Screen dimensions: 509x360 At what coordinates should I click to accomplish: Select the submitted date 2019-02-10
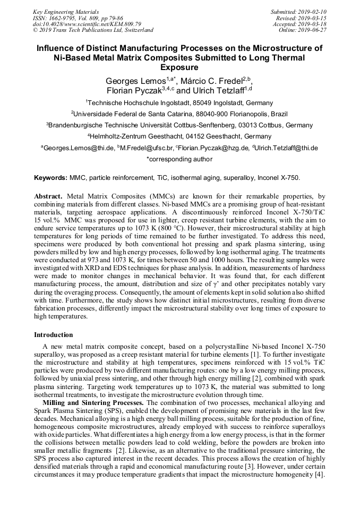click(313, 12)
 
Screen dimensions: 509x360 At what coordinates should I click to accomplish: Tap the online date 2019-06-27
click(313, 30)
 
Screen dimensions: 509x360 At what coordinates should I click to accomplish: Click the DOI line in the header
click(87, 24)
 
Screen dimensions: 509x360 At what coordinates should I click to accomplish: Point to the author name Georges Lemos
click(136, 81)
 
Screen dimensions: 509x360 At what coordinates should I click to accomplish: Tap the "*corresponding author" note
click(179, 159)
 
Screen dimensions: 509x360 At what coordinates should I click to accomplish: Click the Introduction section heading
click(54, 335)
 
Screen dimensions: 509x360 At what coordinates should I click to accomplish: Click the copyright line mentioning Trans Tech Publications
click(93, 30)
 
